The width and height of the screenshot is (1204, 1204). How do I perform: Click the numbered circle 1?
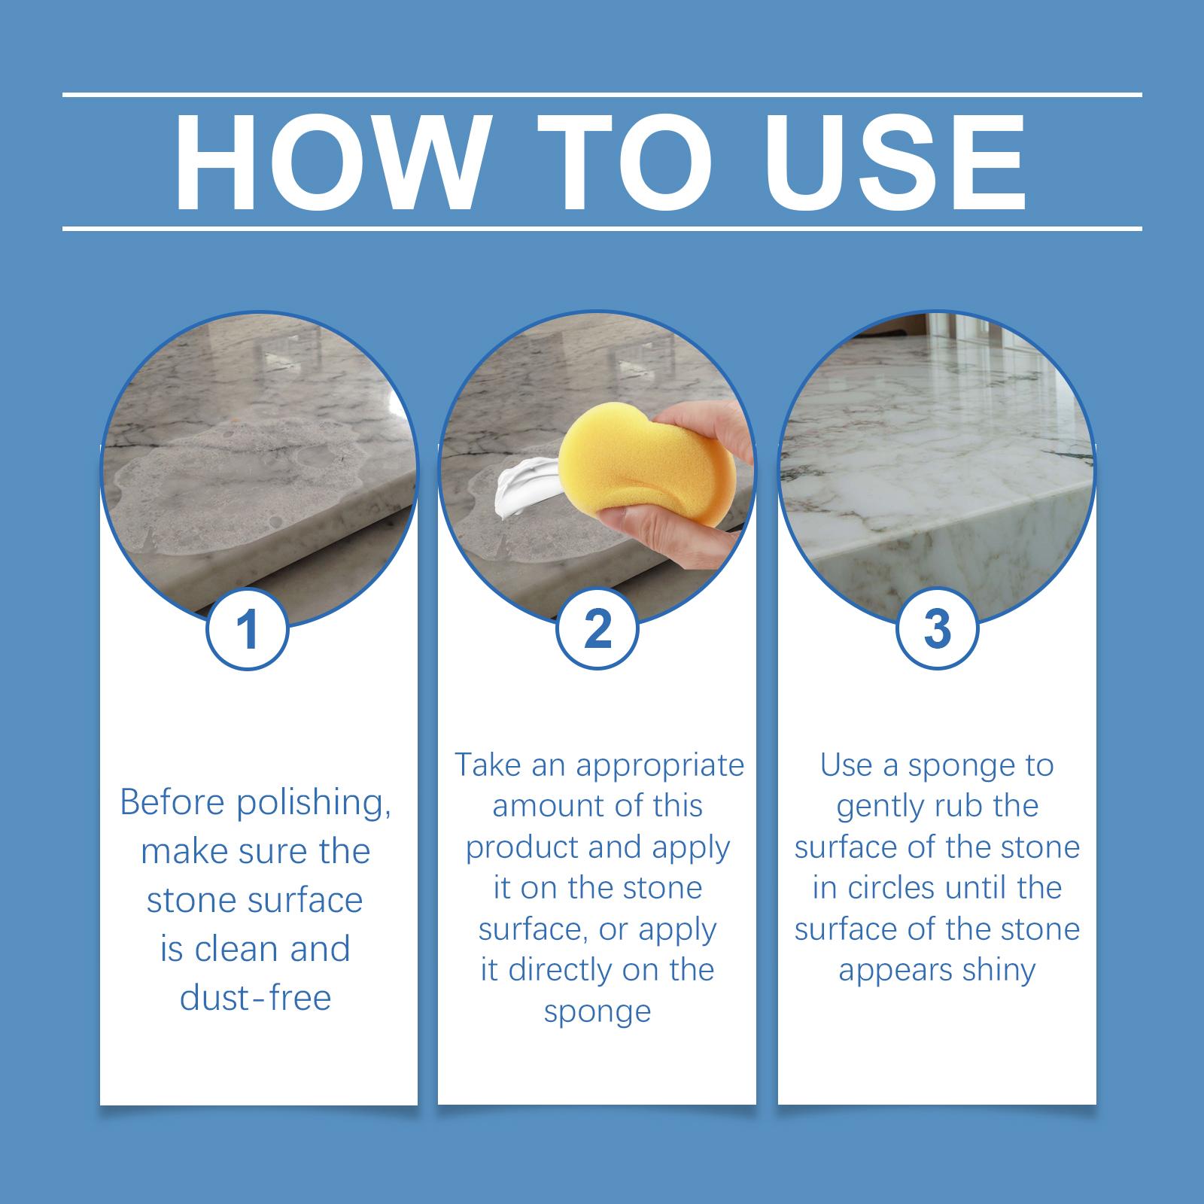pyautogui.click(x=248, y=628)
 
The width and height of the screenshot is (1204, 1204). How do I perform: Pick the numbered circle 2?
pyautogui.click(x=597, y=628)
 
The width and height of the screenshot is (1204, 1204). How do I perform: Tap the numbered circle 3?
pyautogui.click(x=937, y=628)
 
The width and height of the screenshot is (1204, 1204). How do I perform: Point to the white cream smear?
pyautogui.click(x=527, y=483)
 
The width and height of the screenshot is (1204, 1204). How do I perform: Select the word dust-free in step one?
pyautogui.click(x=255, y=998)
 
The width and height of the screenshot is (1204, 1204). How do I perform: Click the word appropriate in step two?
pyautogui.click(x=659, y=766)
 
